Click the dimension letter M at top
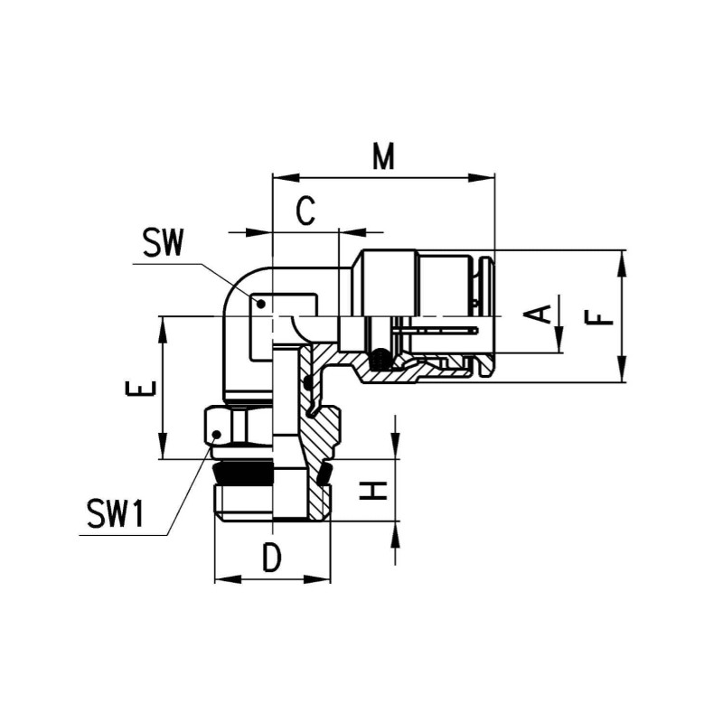385,157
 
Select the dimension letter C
306,212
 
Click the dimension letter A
540,315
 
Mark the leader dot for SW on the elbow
260,305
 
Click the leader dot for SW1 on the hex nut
216,436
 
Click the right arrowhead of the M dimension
489,178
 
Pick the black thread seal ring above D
244,474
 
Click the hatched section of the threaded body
322,434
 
